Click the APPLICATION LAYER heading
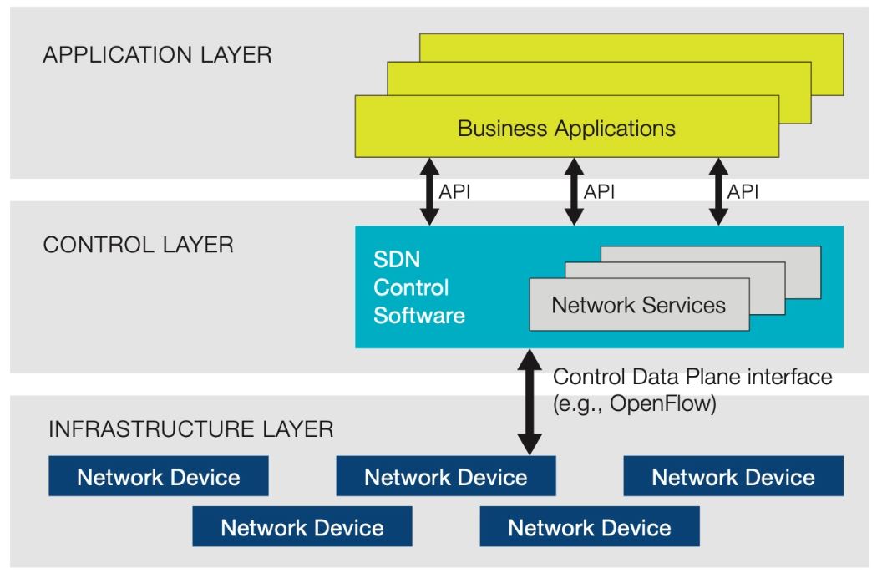pos(156,56)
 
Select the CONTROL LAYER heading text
pos(138,246)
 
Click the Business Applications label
pos(566,129)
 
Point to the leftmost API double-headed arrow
pos(429,191)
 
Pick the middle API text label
pos(599,191)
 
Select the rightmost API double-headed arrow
pos(717,191)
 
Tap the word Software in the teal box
pos(418,316)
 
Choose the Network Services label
pos(638,305)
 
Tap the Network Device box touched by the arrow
pos(445,477)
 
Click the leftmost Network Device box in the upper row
pos(159,477)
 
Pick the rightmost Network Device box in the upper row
pos(733,477)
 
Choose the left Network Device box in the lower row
pos(302,528)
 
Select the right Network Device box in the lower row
pos(589,528)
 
